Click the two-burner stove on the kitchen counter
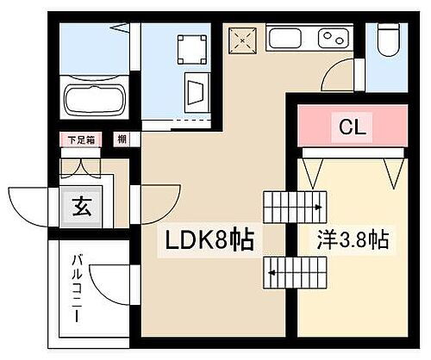pyautogui.click(x=331, y=39)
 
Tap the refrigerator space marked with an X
pyautogui.click(x=242, y=39)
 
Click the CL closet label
pyautogui.click(x=353, y=128)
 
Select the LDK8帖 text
pyautogui.click(x=205, y=240)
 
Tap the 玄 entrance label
pyautogui.click(x=80, y=207)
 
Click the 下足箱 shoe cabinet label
pyautogui.click(x=80, y=139)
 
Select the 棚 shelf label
pyautogui.click(x=122, y=139)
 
